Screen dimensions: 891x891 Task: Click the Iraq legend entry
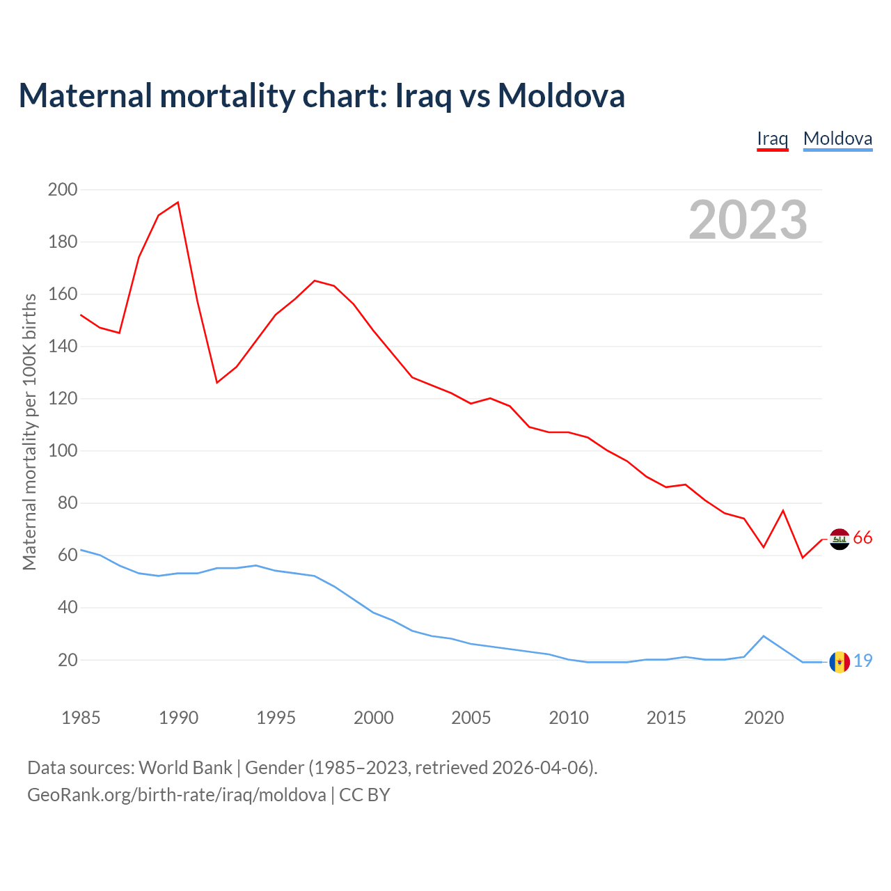[x=772, y=139]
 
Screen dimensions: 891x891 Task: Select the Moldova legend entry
[x=837, y=139]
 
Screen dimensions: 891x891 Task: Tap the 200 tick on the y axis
[x=63, y=189]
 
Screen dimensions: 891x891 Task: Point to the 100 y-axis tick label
[x=63, y=450]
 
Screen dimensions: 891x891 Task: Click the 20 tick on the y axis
[x=67, y=660]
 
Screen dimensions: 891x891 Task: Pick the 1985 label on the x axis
[x=81, y=718]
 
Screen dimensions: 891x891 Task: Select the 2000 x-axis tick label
[x=374, y=718]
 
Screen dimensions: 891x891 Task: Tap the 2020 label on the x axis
[x=764, y=718]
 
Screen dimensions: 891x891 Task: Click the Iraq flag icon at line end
[x=839, y=539]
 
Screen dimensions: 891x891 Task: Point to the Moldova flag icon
[x=839, y=662]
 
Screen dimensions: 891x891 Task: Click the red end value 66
[x=862, y=538]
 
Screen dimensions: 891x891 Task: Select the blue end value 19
[x=862, y=661]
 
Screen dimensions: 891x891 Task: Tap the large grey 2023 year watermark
[x=748, y=220]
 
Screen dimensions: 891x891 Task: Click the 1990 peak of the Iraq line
[x=178, y=203]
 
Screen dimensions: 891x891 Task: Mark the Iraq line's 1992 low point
[x=217, y=382]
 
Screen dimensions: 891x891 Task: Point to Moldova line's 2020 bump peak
[x=764, y=636]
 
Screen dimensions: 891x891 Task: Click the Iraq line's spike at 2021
[x=783, y=511]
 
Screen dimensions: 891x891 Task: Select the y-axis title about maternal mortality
[x=30, y=432]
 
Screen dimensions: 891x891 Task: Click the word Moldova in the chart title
[x=561, y=95]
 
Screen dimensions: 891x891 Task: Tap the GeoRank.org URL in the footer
[x=177, y=795]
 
